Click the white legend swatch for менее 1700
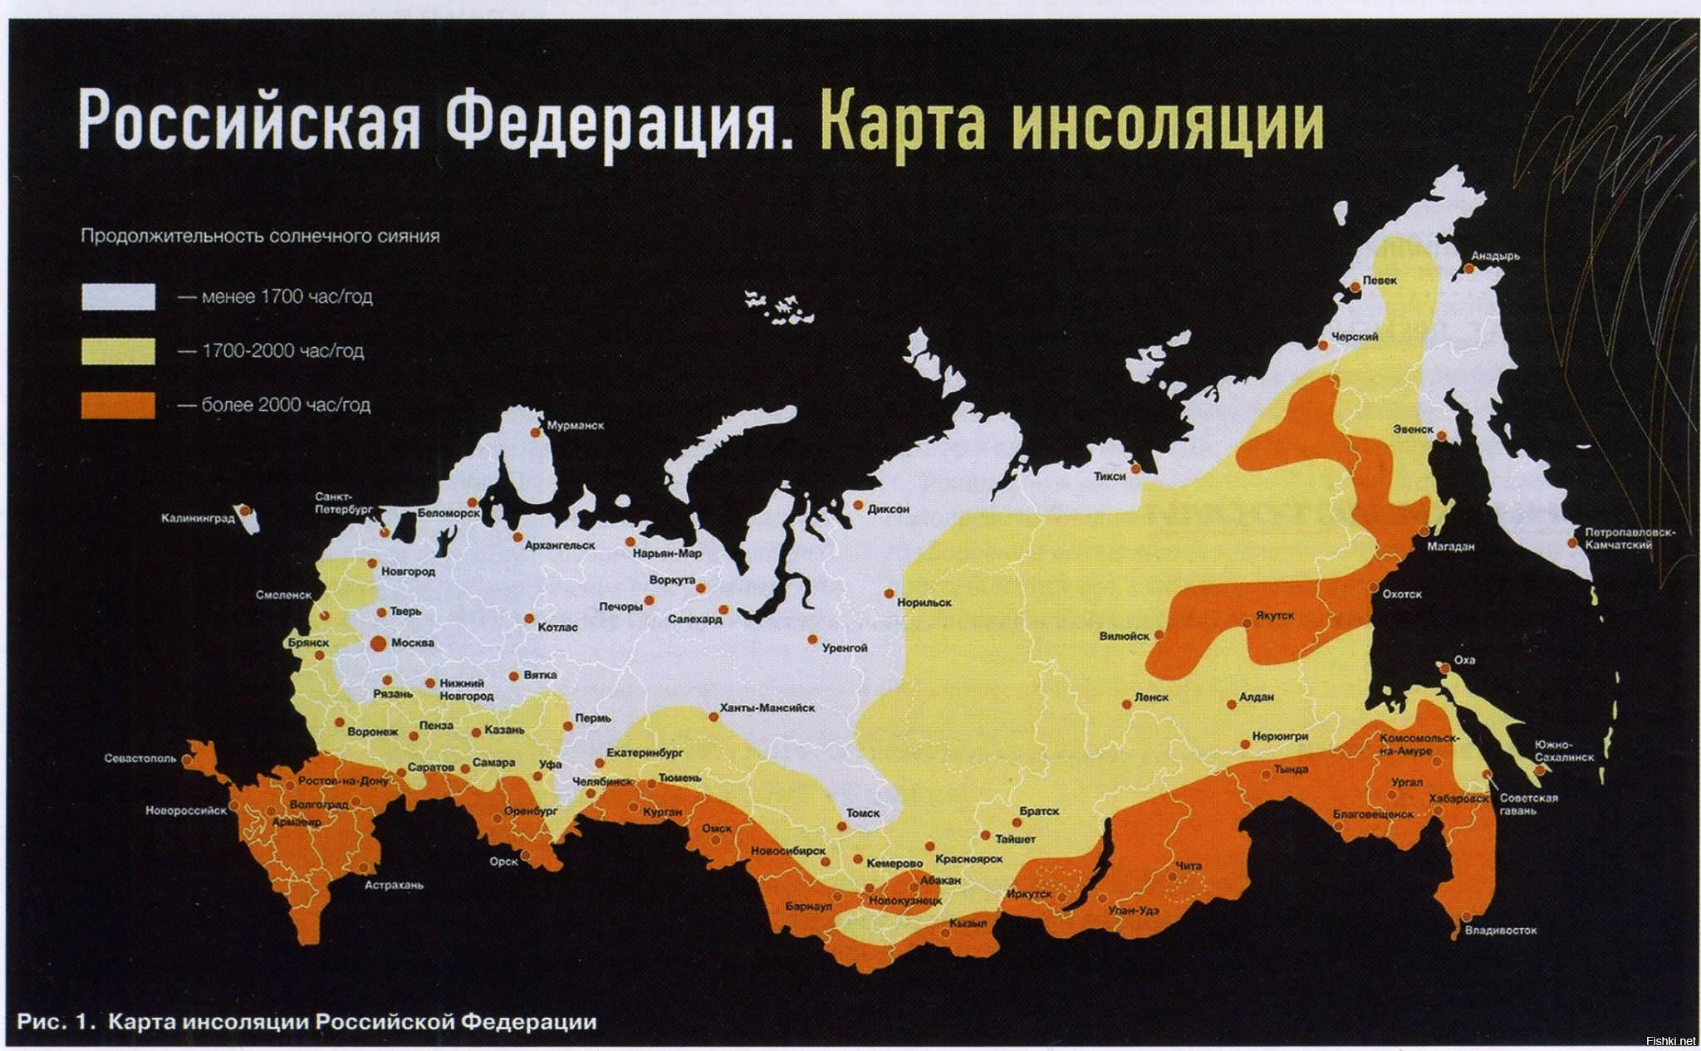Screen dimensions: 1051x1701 click(118, 296)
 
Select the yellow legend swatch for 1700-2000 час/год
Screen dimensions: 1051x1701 click(118, 350)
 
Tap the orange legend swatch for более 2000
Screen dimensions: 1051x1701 click(118, 405)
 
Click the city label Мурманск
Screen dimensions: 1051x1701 click(576, 426)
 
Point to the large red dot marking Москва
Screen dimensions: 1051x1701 click(378, 642)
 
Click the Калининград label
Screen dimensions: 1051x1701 click(198, 519)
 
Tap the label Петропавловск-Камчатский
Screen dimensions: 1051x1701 click(1619, 538)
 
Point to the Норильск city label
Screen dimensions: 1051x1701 click(924, 603)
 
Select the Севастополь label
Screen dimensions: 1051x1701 click(140, 759)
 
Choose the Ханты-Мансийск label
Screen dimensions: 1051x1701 click(767, 708)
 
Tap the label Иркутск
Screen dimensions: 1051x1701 click(1028, 894)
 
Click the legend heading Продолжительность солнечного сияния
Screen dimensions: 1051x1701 click(259, 236)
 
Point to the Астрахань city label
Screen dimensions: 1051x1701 click(394, 885)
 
